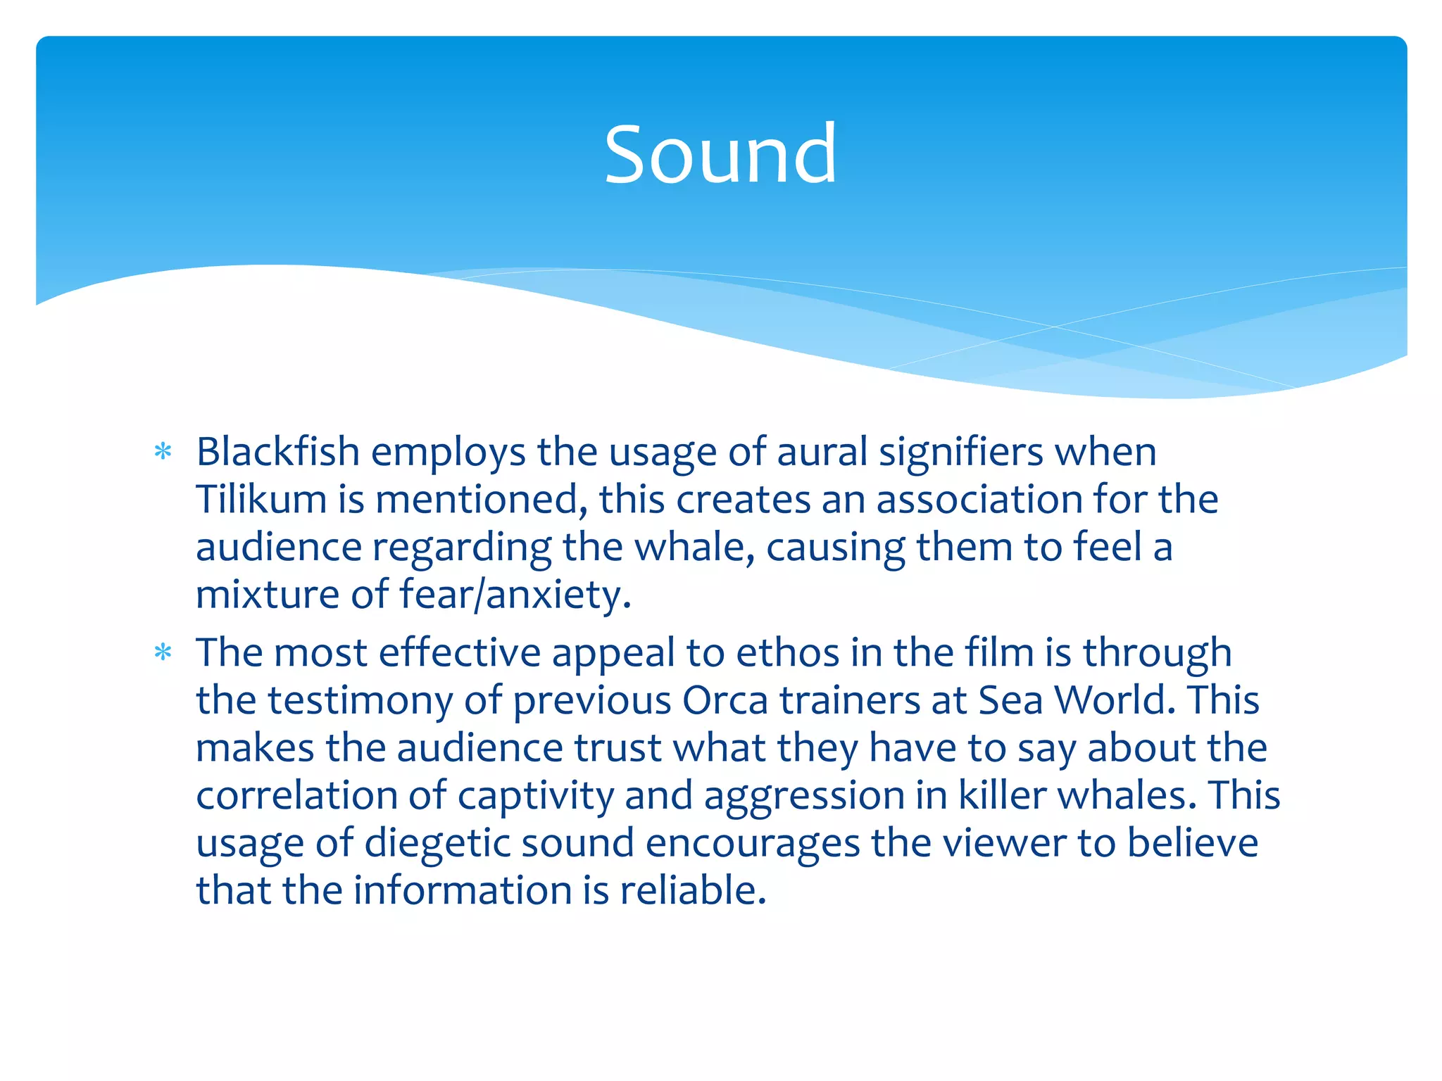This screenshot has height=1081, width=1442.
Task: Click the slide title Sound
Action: point(720,154)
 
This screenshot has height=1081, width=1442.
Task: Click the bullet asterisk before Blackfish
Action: point(163,452)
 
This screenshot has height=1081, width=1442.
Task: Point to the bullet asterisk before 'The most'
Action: point(163,653)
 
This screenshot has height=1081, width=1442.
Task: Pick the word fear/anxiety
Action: point(515,595)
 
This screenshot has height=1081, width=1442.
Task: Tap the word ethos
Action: point(787,652)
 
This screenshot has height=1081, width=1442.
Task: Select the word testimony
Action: point(384,700)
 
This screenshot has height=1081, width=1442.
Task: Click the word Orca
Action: point(725,700)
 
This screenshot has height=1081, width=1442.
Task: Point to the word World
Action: point(1115,700)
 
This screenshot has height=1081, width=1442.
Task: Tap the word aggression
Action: point(804,796)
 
